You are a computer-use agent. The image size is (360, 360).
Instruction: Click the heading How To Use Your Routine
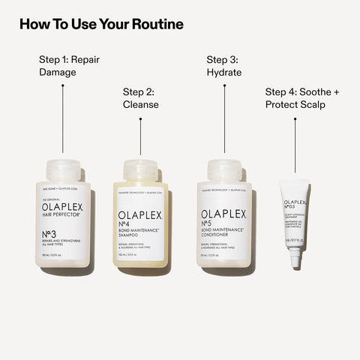point(101,24)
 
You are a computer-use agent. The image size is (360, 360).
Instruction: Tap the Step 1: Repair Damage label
point(68,66)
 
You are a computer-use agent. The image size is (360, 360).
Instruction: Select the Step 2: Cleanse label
point(140,98)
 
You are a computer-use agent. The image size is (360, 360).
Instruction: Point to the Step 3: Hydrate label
point(224,66)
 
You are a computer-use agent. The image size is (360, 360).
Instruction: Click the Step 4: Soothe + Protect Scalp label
point(302,98)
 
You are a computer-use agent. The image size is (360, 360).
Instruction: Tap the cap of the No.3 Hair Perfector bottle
point(62,170)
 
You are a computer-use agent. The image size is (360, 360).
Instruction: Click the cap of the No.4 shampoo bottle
point(140,170)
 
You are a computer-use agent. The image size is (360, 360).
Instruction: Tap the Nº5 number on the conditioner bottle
point(208,223)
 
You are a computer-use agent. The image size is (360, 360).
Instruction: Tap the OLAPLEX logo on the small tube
point(296,202)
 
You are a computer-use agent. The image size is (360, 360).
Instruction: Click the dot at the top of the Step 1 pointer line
point(62,85)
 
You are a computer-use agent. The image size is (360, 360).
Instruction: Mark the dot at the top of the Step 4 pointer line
point(295,118)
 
